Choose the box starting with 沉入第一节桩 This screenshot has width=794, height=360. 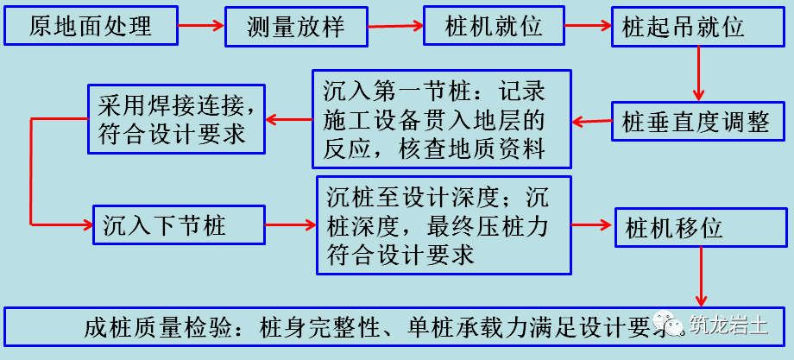[x=442, y=119]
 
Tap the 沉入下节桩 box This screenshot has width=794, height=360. [x=175, y=226]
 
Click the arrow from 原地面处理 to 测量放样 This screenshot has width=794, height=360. [x=200, y=26]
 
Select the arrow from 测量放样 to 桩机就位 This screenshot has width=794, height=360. [x=395, y=26]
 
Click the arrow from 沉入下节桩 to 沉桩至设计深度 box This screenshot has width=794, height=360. [x=289, y=226]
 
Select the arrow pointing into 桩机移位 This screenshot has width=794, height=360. [x=593, y=226]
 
